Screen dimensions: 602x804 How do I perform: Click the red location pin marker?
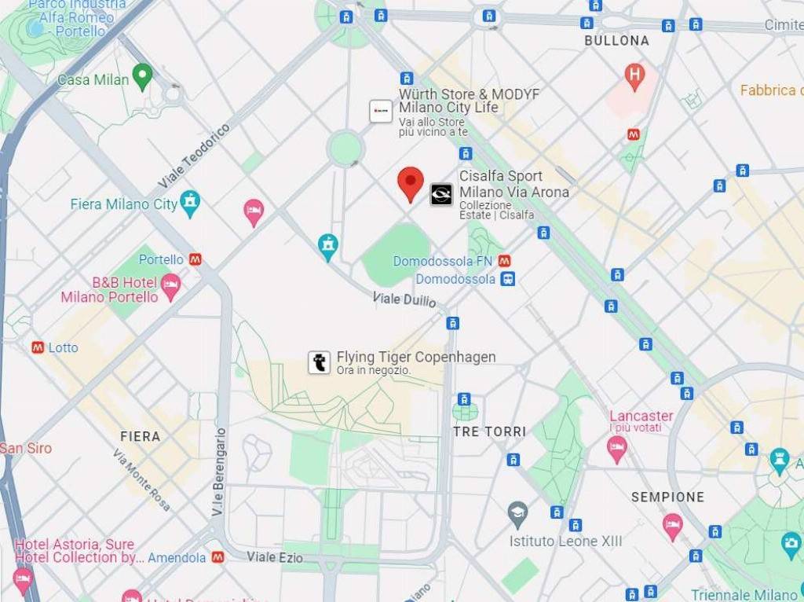410,182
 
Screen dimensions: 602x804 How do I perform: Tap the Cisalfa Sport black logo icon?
441,194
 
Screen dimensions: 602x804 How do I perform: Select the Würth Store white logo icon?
381,112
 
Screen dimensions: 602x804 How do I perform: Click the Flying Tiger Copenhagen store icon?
319,362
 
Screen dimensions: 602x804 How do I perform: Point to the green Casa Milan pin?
142,76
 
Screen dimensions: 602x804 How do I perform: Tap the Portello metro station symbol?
195,259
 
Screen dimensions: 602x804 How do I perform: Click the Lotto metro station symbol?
37,347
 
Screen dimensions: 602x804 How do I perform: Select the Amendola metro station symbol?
217,557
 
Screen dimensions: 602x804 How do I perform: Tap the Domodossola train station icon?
508,279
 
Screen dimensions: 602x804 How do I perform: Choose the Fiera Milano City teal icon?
189,202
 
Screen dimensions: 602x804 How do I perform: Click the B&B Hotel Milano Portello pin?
170,285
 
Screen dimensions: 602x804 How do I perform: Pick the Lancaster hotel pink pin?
617,447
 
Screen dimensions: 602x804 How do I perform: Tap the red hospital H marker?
634,75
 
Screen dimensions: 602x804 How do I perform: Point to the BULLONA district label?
616,40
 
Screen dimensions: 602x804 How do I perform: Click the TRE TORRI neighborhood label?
489,431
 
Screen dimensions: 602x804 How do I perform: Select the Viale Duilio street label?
404,299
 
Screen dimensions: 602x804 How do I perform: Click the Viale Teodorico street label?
194,155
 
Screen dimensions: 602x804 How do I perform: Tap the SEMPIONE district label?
667,497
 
